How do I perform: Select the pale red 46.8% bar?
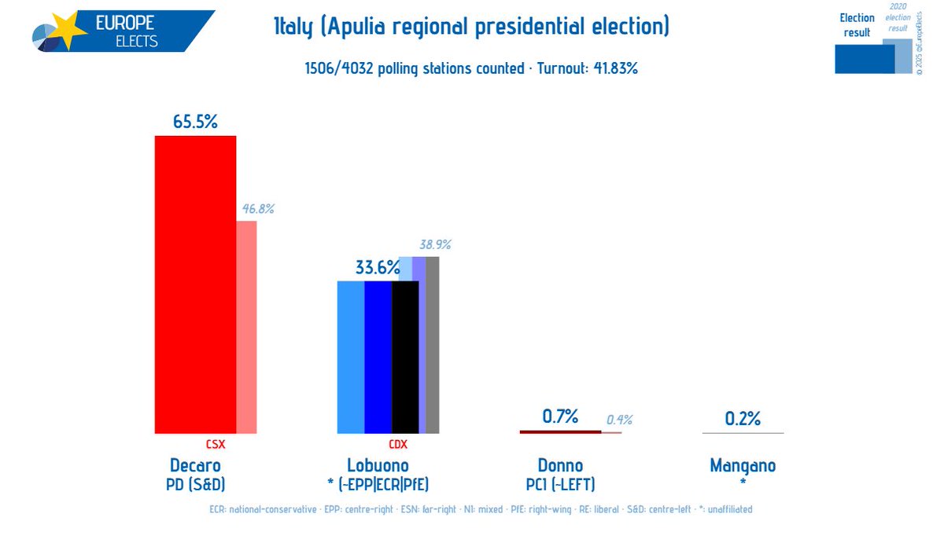[x=246, y=327]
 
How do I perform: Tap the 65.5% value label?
[x=195, y=122]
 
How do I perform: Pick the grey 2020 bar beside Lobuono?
[x=433, y=345]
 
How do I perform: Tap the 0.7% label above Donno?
[x=560, y=416]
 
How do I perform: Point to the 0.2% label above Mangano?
[x=743, y=419]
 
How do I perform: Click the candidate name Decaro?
[x=195, y=465]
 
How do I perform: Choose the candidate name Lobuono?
[x=378, y=465]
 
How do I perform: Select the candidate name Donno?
[x=560, y=465]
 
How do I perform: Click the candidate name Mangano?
[x=743, y=465]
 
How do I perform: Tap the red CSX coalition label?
[x=216, y=444]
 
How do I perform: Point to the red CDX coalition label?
[x=399, y=444]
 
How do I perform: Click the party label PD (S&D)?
[x=195, y=483]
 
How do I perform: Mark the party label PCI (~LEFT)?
[x=560, y=483]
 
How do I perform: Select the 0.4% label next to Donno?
[x=618, y=420]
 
